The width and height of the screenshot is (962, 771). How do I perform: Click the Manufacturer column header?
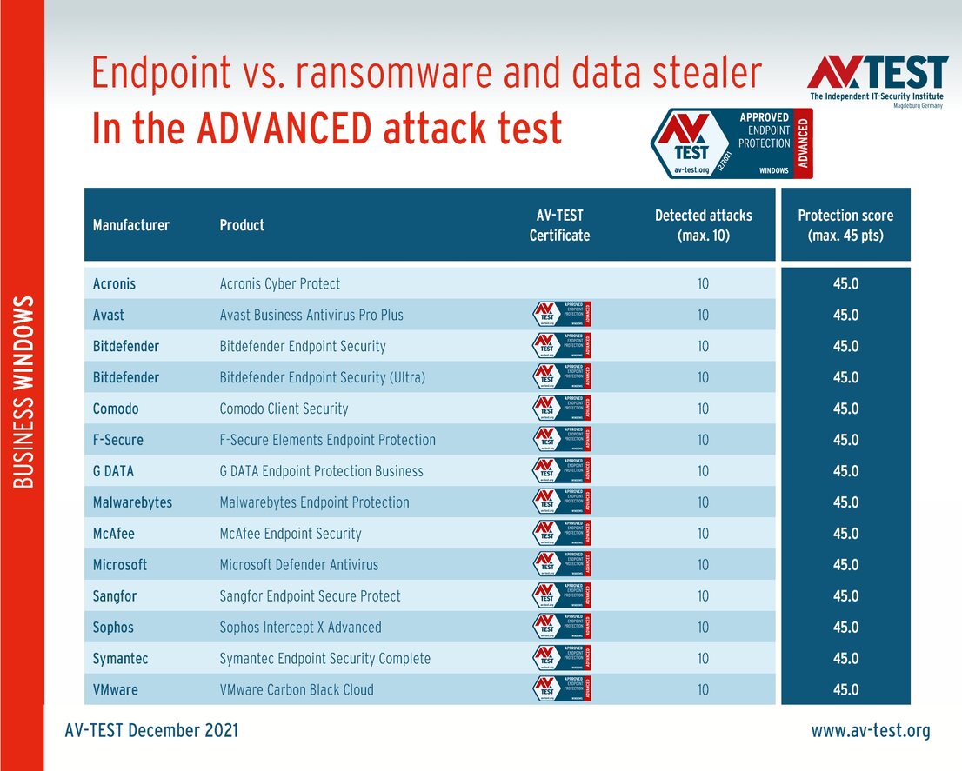[x=131, y=225]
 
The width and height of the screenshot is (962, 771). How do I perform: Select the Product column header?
[x=242, y=225]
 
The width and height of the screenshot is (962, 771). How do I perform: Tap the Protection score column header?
[x=845, y=225]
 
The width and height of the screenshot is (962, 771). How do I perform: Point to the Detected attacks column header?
[x=703, y=225]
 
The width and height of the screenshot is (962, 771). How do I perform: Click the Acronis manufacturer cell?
[x=115, y=283]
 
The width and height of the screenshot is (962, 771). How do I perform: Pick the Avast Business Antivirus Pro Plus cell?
[x=311, y=315]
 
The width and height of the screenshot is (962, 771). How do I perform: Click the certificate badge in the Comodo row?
[x=561, y=409]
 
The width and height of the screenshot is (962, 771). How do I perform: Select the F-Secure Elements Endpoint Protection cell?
[x=328, y=440]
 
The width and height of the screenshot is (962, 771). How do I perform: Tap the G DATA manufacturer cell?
[x=114, y=471]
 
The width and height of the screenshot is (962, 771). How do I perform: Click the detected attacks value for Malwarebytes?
[x=703, y=502]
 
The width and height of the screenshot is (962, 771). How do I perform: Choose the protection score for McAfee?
[x=845, y=534]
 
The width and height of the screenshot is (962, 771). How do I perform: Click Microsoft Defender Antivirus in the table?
[x=299, y=565]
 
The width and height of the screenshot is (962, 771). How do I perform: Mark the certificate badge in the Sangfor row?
[x=561, y=596]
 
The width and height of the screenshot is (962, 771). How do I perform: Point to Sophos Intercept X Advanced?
[x=301, y=628]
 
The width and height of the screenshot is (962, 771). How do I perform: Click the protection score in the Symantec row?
[x=845, y=659]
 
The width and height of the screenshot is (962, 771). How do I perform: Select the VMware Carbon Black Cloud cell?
[x=297, y=690]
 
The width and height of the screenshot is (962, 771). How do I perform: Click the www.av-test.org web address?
[x=871, y=731]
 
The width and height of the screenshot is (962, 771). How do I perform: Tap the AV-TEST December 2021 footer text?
[x=151, y=731]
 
